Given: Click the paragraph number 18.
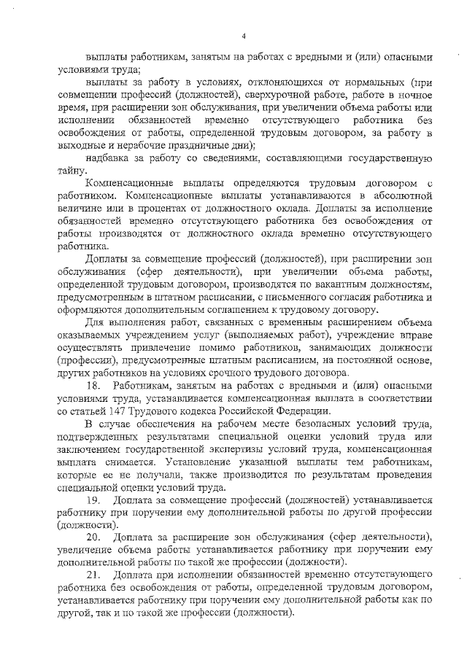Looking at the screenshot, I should (93, 384).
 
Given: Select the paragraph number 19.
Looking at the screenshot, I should (93, 499).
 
